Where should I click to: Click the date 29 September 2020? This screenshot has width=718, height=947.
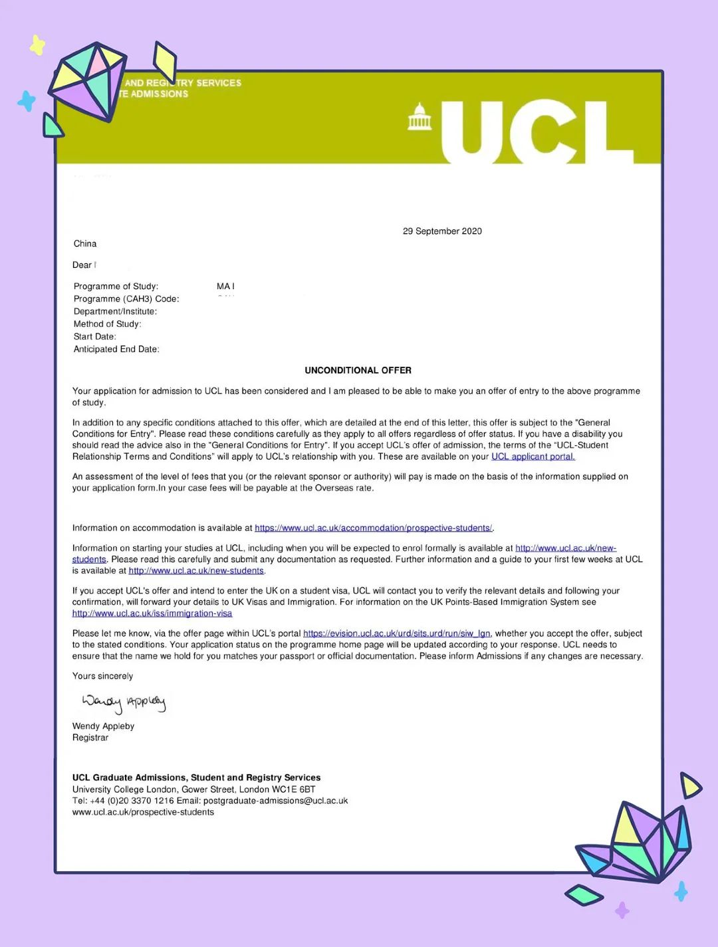click(442, 231)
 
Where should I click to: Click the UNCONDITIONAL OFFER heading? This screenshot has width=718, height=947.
click(358, 370)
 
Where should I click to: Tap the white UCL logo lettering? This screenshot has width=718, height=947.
click(525, 132)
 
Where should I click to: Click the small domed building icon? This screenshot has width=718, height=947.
click(419, 117)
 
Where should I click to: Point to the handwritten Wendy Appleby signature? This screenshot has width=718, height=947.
click(123, 702)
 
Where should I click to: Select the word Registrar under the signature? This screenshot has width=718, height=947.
click(90, 738)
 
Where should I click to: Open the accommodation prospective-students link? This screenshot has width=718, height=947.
click(373, 528)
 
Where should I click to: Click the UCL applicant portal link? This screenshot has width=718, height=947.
click(533, 457)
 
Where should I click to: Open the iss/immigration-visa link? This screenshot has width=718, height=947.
click(152, 613)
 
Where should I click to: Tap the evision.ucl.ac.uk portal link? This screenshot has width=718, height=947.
click(396, 633)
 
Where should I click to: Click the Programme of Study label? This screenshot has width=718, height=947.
click(116, 286)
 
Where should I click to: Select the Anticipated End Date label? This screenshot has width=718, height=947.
click(116, 349)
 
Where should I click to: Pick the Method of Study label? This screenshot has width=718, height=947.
click(107, 324)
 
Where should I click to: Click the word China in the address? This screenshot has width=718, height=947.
click(85, 244)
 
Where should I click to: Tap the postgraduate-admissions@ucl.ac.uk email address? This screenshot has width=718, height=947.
click(275, 801)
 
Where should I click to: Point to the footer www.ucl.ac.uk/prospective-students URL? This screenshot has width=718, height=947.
click(143, 812)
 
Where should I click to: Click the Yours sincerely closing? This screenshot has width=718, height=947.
click(102, 676)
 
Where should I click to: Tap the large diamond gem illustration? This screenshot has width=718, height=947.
click(88, 81)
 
